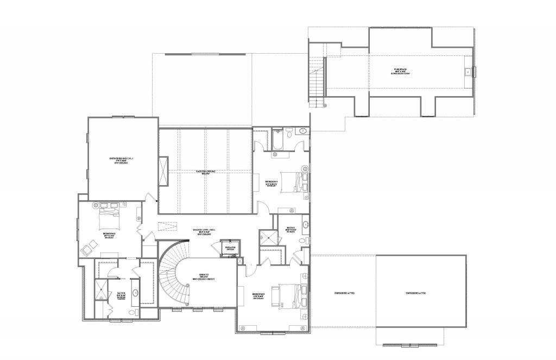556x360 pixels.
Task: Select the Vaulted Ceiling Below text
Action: (x=206, y=173)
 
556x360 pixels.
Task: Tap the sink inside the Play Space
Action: (x=466, y=72)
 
